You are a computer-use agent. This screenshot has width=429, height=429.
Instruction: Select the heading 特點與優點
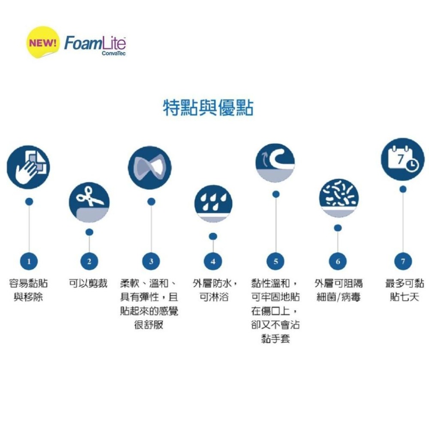coord(208,107)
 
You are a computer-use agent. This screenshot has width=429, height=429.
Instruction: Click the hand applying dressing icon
coord(28,167)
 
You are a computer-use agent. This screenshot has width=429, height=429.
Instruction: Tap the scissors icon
coord(89,202)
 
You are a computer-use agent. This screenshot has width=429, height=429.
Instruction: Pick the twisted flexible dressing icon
coord(150,167)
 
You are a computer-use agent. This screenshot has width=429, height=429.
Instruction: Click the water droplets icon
coord(213,203)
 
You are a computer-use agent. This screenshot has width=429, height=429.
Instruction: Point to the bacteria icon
coord(339,198)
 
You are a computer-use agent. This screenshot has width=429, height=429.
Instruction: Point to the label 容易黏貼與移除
coord(28,290)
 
